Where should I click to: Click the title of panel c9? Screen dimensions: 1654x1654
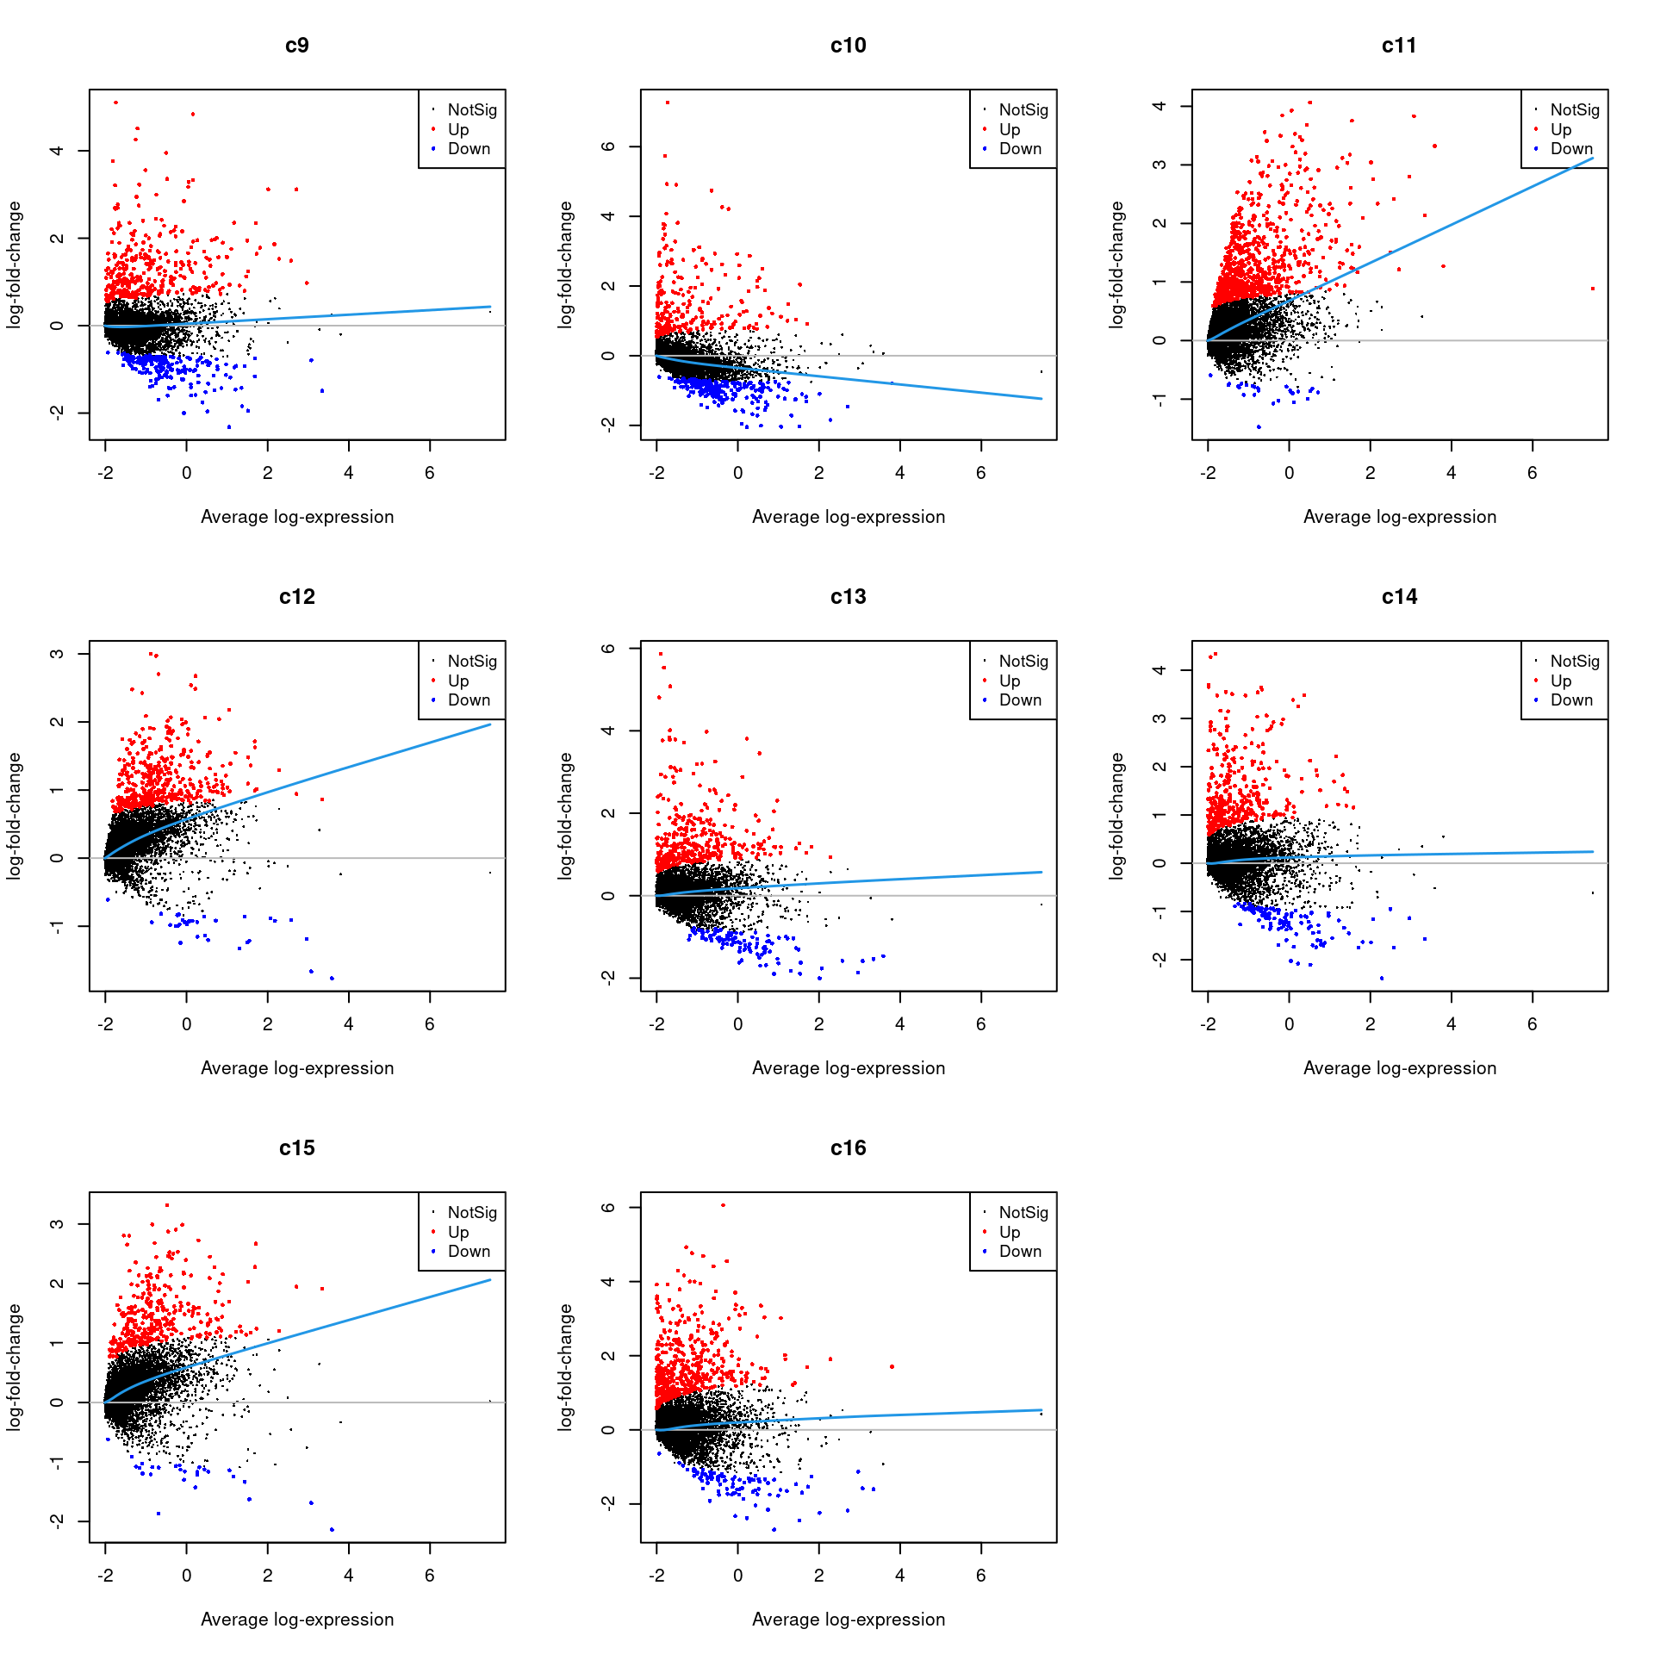click(296, 46)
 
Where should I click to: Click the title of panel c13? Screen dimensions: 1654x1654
click(848, 597)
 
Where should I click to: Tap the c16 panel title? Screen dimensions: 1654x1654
click(848, 1148)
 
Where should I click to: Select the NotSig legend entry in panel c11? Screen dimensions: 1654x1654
click(1574, 110)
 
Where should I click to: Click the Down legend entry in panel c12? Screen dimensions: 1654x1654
click(468, 700)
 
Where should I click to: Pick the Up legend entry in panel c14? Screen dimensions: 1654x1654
click(1560, 681)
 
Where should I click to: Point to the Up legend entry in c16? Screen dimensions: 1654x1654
click(1009, 1232)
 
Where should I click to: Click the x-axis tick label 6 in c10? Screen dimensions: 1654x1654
click(980, 473)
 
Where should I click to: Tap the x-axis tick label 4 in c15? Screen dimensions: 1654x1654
click(348, 1576)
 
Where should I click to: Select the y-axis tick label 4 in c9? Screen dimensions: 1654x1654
click(57, 151)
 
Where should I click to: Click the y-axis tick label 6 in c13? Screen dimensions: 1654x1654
click(608, 648)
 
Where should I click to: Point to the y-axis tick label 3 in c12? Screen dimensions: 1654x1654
click(57, 654)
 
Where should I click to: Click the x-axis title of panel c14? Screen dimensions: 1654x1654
click(1399, 1068)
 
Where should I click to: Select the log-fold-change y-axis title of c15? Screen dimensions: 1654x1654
click(14, 1367)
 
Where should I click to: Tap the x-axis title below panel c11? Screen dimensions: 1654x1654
click(1399, 517)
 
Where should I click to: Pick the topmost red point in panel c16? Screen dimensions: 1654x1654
click(723, 1205)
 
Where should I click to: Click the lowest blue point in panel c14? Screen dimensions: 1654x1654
click(1382, 978)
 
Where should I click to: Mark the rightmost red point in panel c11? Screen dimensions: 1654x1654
click(1593, 289)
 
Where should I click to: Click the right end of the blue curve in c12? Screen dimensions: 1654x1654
click(490, 724)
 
